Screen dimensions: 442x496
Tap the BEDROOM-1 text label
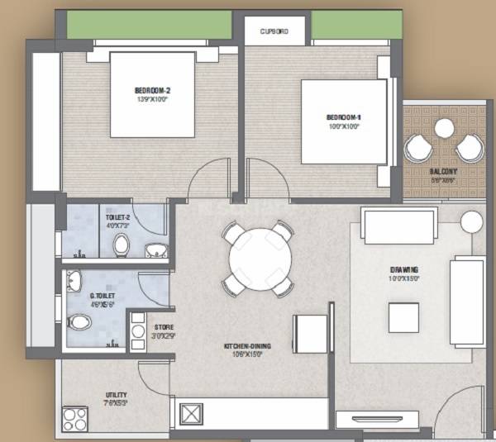(x=343, y=117)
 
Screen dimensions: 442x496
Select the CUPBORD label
(x=274, y=31)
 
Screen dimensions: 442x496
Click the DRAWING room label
(x=404, y=269)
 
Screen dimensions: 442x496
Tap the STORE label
(x=164, y=327)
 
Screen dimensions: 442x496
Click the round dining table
(x=257, y=259)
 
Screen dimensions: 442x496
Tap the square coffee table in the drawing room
(x=403, y=316)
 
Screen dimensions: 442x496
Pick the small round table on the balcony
(x=445, y=127)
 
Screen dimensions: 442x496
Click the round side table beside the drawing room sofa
(x=471, y=221)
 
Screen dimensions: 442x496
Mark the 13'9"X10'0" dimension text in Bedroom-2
(x=152, y=99)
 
